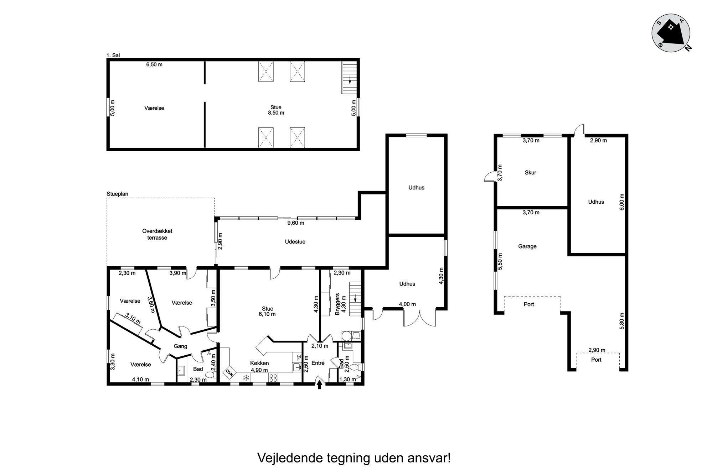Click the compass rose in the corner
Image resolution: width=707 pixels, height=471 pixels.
click(x=671, y=33)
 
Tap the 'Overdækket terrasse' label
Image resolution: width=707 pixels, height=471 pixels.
click(x=157, y=234)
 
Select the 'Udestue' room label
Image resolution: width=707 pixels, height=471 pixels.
click(x=295, y=242)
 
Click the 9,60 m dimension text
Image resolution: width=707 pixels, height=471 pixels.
click(x=296, y=223)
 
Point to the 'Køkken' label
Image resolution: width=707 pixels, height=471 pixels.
click(x=259, y=363)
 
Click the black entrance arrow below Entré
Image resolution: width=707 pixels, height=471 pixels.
click(x=319, y=384)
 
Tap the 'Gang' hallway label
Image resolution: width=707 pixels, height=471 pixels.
click(x=180, y=346)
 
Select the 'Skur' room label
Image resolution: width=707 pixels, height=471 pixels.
click(x=530, y=173)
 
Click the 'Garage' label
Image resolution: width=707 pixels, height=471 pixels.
click(x=527, y=246)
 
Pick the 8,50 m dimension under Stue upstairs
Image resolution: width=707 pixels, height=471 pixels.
click(x=276, y=113)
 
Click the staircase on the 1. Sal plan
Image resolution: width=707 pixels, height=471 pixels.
click(x=349, y=78)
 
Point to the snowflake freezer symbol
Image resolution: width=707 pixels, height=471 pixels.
click(x=246, y=378)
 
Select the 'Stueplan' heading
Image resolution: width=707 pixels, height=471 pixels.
click(x=117, y=194)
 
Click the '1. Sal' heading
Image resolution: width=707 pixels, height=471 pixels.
click(x=113, y=55)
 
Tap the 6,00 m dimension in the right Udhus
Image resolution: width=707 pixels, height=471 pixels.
click(x=622, y=202)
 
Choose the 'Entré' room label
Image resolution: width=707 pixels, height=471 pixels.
click(x=318, y=363)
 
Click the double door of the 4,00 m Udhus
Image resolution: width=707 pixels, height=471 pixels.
click(x=419, y=318)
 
